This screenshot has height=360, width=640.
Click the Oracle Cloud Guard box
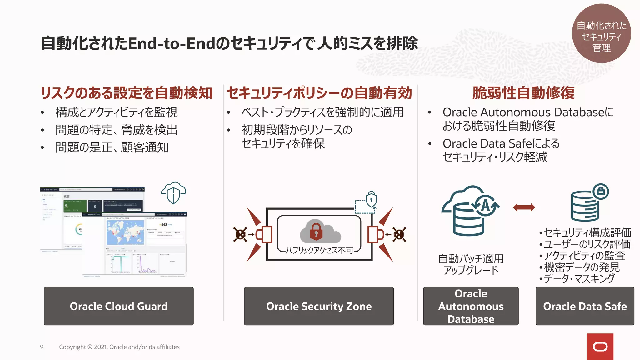coord(119,306)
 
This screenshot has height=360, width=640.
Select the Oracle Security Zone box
coord(319,306)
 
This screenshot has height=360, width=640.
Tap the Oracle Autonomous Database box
coord(471,306)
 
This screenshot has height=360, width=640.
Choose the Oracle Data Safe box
coord(585,306)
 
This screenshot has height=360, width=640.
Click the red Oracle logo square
coord(600,347)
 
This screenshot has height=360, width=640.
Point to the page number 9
coord(42,347)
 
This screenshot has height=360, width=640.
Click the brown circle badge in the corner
coord(601,33)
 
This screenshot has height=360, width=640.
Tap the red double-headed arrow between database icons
coord(524,207)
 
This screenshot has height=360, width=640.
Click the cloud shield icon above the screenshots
coord(173,193)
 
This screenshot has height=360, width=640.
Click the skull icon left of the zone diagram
coord(240,234)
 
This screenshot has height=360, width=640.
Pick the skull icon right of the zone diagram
coord(399,234)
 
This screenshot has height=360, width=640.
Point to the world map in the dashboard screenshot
coord(125,232)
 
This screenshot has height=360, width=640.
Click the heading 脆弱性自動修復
coord(523,93)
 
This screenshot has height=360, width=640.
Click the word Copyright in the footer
coord(72,347)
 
